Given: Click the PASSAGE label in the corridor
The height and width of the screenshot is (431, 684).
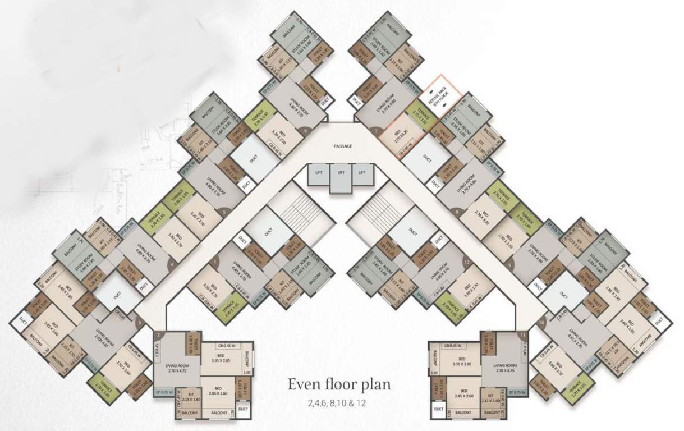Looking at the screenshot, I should click(x=342, y=146).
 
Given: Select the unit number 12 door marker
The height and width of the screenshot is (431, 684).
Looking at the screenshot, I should click(x=466, y=262).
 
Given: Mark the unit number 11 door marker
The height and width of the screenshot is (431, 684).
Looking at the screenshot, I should click(x=523, y=336).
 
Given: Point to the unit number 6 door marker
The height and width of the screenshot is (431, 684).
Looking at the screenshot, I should click(x=306, y=131).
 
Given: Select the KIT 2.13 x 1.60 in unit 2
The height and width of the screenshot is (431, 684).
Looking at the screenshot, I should click(x=191, y=397).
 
